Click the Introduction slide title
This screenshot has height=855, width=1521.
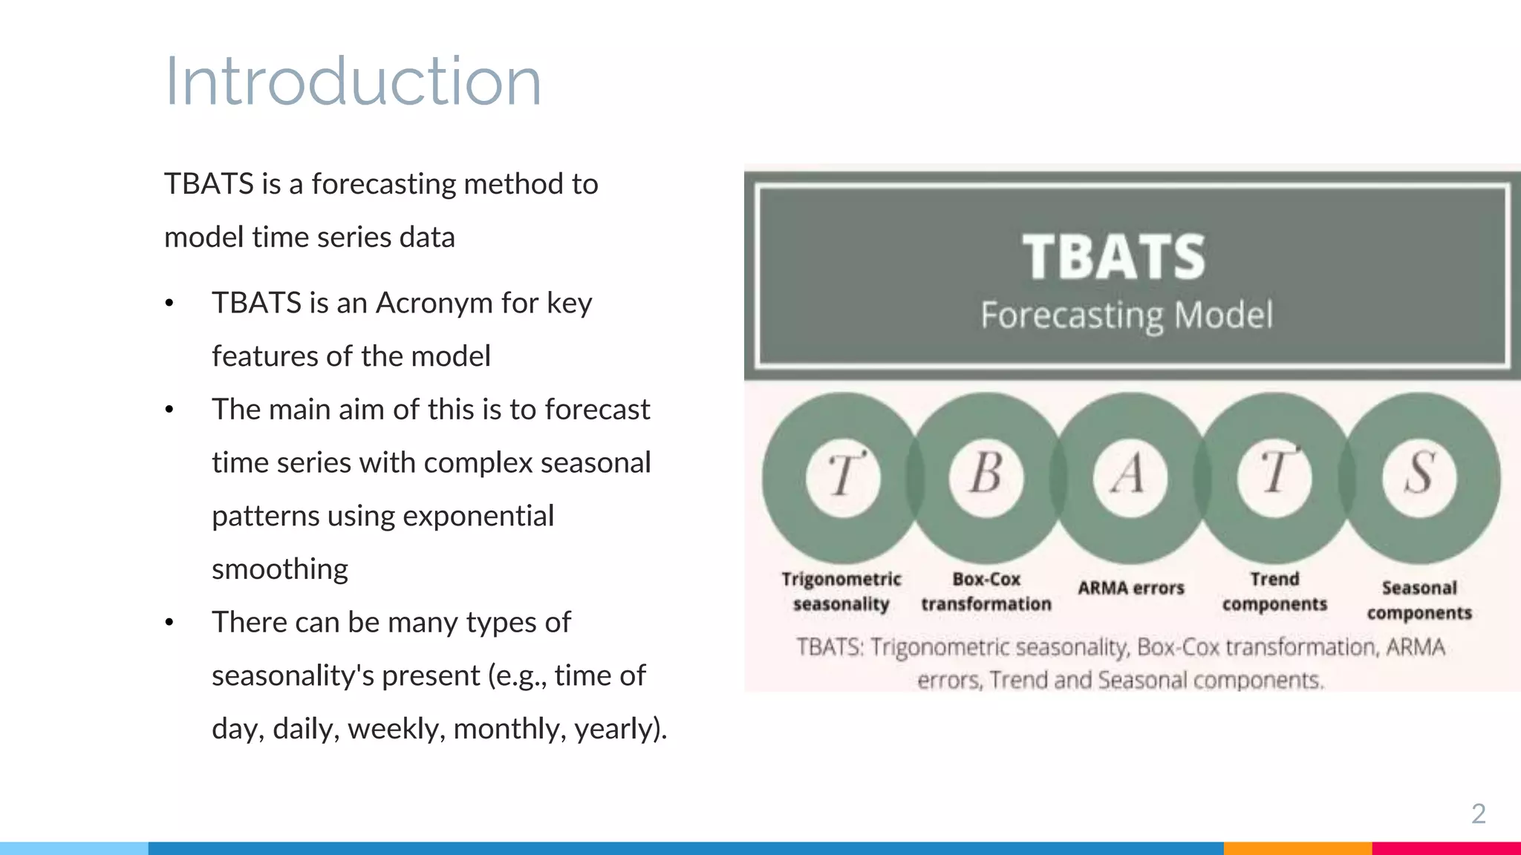(x=353, y=82)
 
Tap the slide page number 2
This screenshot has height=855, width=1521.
(x=1478, y=814)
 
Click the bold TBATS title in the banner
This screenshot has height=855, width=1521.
(x=1113, y=257)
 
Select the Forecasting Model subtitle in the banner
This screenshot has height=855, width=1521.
(x=1126, y=315)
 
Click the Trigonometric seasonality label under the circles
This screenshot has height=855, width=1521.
(x=841, y=592)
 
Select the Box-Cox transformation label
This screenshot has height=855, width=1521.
(x=986, y=592)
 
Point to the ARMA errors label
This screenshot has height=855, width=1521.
(x=1130, y=588)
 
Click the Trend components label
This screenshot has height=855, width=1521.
(x=1274, y=592)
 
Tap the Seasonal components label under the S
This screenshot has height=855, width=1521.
(x=1419, y=600)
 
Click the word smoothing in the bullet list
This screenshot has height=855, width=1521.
(x=280, y=569)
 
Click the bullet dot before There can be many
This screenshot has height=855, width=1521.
(x=169, y=623)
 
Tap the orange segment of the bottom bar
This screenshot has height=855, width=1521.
(x=1297, y=848)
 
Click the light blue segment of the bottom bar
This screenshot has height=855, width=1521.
(x=74, y=848)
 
